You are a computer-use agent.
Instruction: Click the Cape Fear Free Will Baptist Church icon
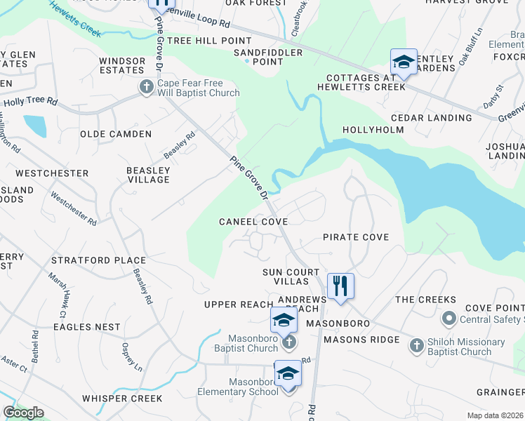click(146, 87)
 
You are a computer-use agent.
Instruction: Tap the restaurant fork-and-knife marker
click(340, 286)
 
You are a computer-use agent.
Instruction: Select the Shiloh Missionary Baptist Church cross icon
click(417, 345)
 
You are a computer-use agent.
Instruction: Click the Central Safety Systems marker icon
click(447, 319)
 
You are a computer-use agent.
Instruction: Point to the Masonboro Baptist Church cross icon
click(288, 342)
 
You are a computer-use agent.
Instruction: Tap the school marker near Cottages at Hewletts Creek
click(404, 62)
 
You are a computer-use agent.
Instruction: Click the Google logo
click(23, 413)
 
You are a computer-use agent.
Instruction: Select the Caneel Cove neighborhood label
click(253, 222)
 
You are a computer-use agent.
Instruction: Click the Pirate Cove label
click(355, 237)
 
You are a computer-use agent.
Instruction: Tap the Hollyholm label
click(373, 131)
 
